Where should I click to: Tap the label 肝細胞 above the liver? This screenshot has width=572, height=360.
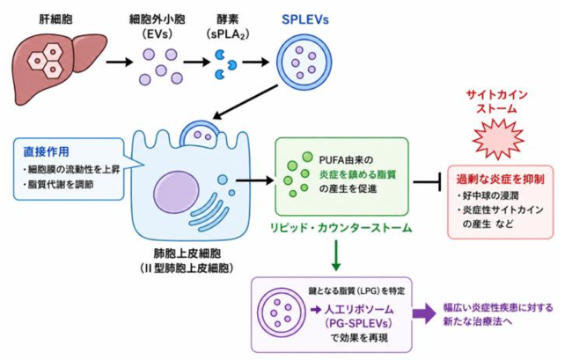coord(55,19)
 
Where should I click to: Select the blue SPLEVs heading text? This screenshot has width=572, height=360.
coord(305,19)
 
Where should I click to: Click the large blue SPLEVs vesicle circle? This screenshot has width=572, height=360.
coord(304,62)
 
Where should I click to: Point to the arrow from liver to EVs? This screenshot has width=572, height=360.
coord(120,62)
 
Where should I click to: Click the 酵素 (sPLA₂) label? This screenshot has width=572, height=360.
coord(229,26)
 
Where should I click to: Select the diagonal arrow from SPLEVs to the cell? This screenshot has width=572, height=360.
coord(246,102)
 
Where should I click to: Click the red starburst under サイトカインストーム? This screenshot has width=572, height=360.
coord(498,137)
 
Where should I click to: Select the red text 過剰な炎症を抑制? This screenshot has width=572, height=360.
coord(500,179)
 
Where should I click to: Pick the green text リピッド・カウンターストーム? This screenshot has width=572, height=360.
coord(341,228)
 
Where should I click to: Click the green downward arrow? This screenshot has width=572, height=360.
coord(336,255)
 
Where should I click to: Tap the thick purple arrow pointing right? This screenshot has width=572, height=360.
coord(424,314)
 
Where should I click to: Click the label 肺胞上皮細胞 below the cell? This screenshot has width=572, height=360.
coord(187,253)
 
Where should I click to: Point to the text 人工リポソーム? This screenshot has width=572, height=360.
coord(359,310)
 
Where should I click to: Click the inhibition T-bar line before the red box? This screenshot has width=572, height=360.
coord(428,181)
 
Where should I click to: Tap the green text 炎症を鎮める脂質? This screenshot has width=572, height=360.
coord(357,174)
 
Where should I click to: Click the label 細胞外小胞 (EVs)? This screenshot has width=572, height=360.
coord(158,26)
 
